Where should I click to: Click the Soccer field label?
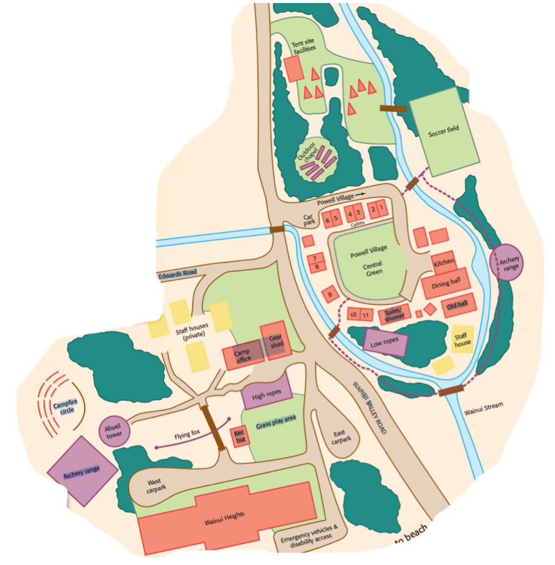point(444,129)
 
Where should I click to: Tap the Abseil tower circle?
point(115,431)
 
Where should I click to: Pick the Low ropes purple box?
point(385,343)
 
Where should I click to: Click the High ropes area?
point(265,395)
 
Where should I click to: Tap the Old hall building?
point(457,305)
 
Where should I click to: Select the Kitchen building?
point(444,262)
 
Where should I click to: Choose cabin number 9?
point(330,294)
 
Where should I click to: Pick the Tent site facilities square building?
point(294,69)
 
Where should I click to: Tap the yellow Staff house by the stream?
point(462,339)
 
